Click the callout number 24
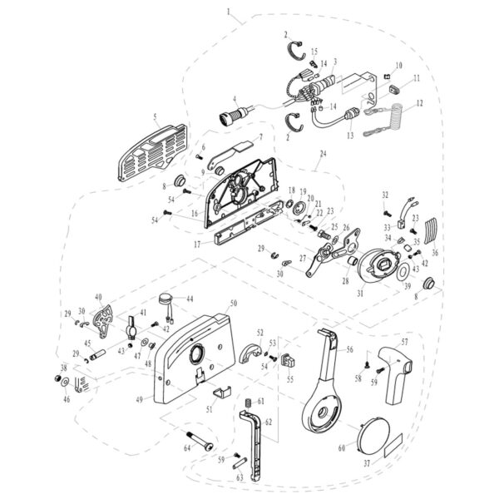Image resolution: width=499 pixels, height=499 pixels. (324, 153)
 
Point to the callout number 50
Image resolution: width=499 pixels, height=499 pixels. (234, 304)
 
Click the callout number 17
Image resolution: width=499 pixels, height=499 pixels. (196, 245)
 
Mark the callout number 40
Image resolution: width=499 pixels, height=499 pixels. (98, 297)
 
